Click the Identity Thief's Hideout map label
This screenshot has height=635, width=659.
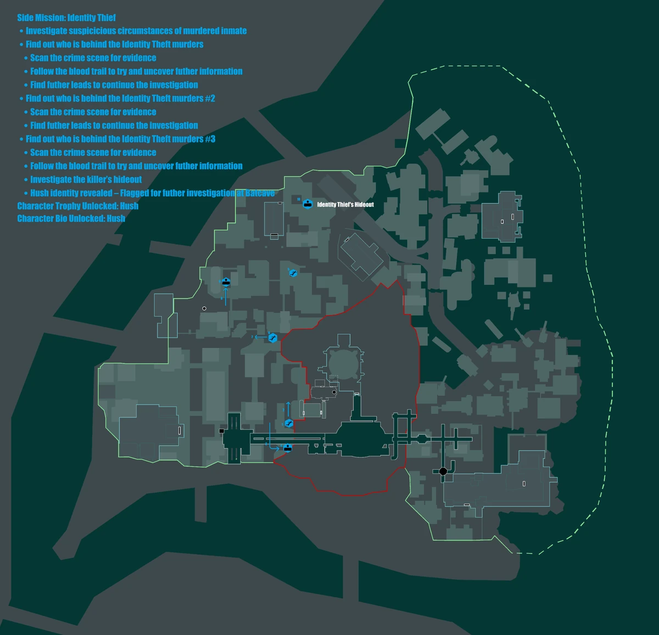pos(345,205)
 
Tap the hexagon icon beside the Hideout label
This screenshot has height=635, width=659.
pos(308,204)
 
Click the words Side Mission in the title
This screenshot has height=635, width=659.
pos(41,18)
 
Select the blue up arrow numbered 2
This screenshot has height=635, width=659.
pos(288,408)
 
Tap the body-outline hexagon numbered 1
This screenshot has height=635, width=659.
pos(289,423)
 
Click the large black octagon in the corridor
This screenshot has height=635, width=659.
pos(443,471)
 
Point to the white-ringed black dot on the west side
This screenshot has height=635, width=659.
pos(204,308)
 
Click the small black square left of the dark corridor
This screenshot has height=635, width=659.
pos(222,431)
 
